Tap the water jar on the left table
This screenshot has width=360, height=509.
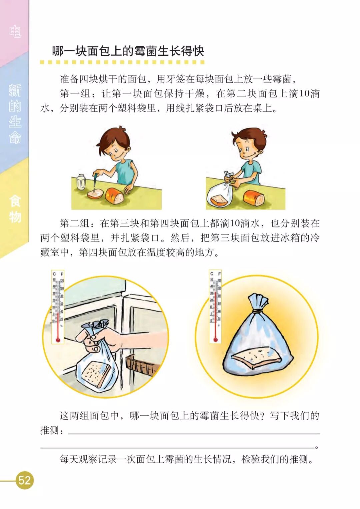[x=81, y=182]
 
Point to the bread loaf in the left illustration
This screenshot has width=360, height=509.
[x=115, y=196]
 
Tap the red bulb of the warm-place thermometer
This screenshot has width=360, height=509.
[x=216, y=340]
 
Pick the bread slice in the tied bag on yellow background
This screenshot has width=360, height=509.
[x=257, y=358]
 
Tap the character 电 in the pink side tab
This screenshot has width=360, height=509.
[x=15, y=31]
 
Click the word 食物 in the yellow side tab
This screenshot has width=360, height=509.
[x=15, y=208]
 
